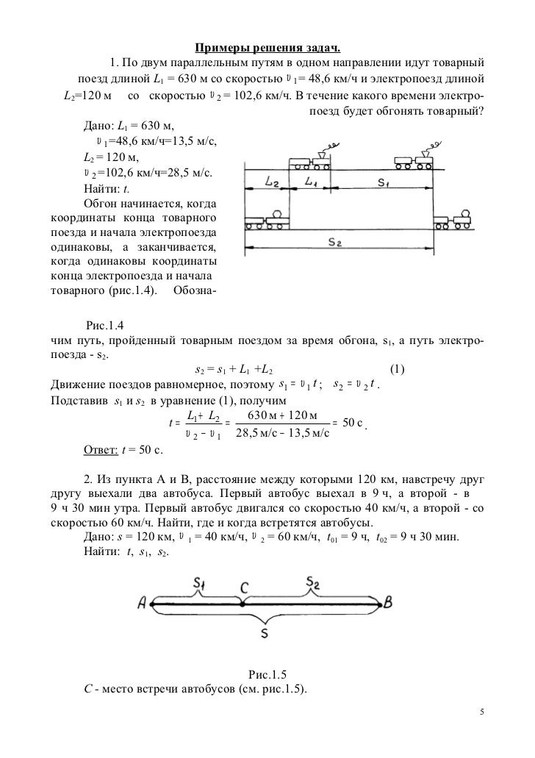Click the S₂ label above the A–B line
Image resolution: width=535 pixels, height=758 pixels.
click(x=312, y=584)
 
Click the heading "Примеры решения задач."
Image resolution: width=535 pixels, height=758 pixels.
click(x=267, y=49)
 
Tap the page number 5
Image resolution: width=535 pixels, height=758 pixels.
click(x=481, y=712)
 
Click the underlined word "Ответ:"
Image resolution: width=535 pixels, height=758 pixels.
click(x=101, y=449)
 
